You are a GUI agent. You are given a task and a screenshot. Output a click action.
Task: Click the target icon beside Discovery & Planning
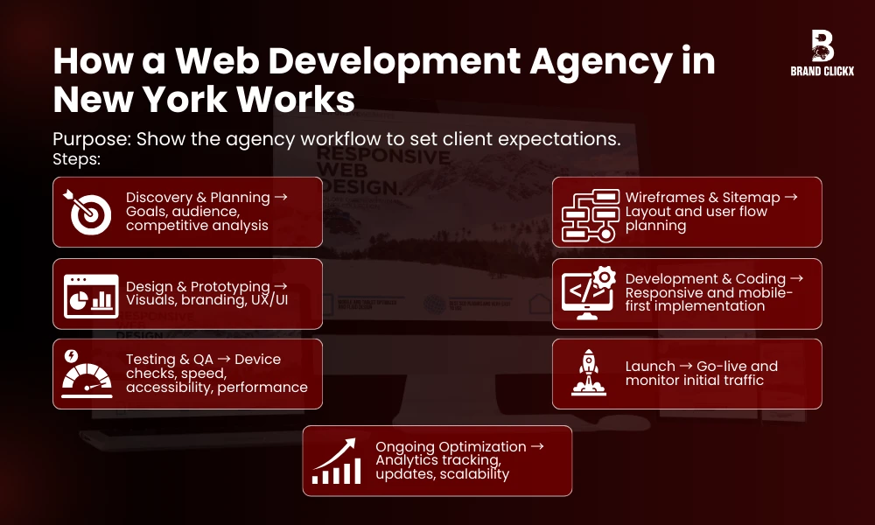click(x=88, y=211)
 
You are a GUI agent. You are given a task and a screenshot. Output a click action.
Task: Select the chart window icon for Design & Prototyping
click(x=91, y=295)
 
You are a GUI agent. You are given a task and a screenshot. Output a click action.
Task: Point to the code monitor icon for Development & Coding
click(x=588, y=294)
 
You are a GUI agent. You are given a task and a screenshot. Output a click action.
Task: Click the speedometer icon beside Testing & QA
click(x=87, y=374)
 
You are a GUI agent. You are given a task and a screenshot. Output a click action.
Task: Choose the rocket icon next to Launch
click(x=588, y=374)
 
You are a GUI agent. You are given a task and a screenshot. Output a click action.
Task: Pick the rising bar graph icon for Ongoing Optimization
click(x=338, y=461)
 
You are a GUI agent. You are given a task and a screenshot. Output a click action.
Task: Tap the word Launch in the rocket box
click(x=650, y=366)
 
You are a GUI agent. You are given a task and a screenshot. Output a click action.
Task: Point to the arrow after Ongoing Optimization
click(x=537, y=446)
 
